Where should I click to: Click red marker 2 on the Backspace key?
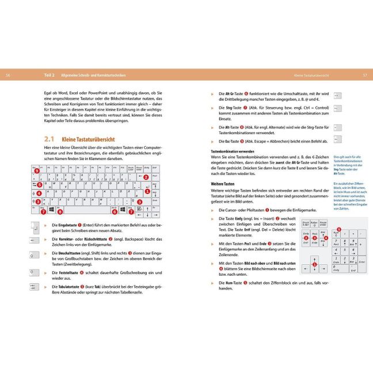[146, 177]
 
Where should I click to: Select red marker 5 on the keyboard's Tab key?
[39, 185]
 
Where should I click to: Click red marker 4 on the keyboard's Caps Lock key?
[39, 194]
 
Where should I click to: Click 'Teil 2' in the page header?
[50, 75]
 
